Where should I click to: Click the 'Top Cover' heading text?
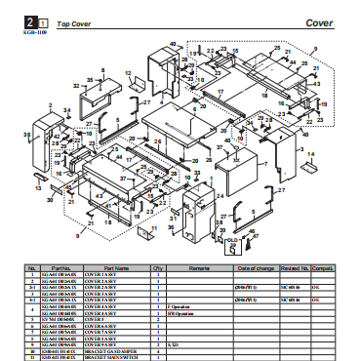pyautogui.click(x=75, y=20)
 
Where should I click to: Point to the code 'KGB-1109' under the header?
pyautogui.click(x=34, y=31)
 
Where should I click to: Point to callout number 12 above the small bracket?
pyautogui.click(x=129, y=72)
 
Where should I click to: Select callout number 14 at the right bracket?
pyautogui.click(x=310, y=155)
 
